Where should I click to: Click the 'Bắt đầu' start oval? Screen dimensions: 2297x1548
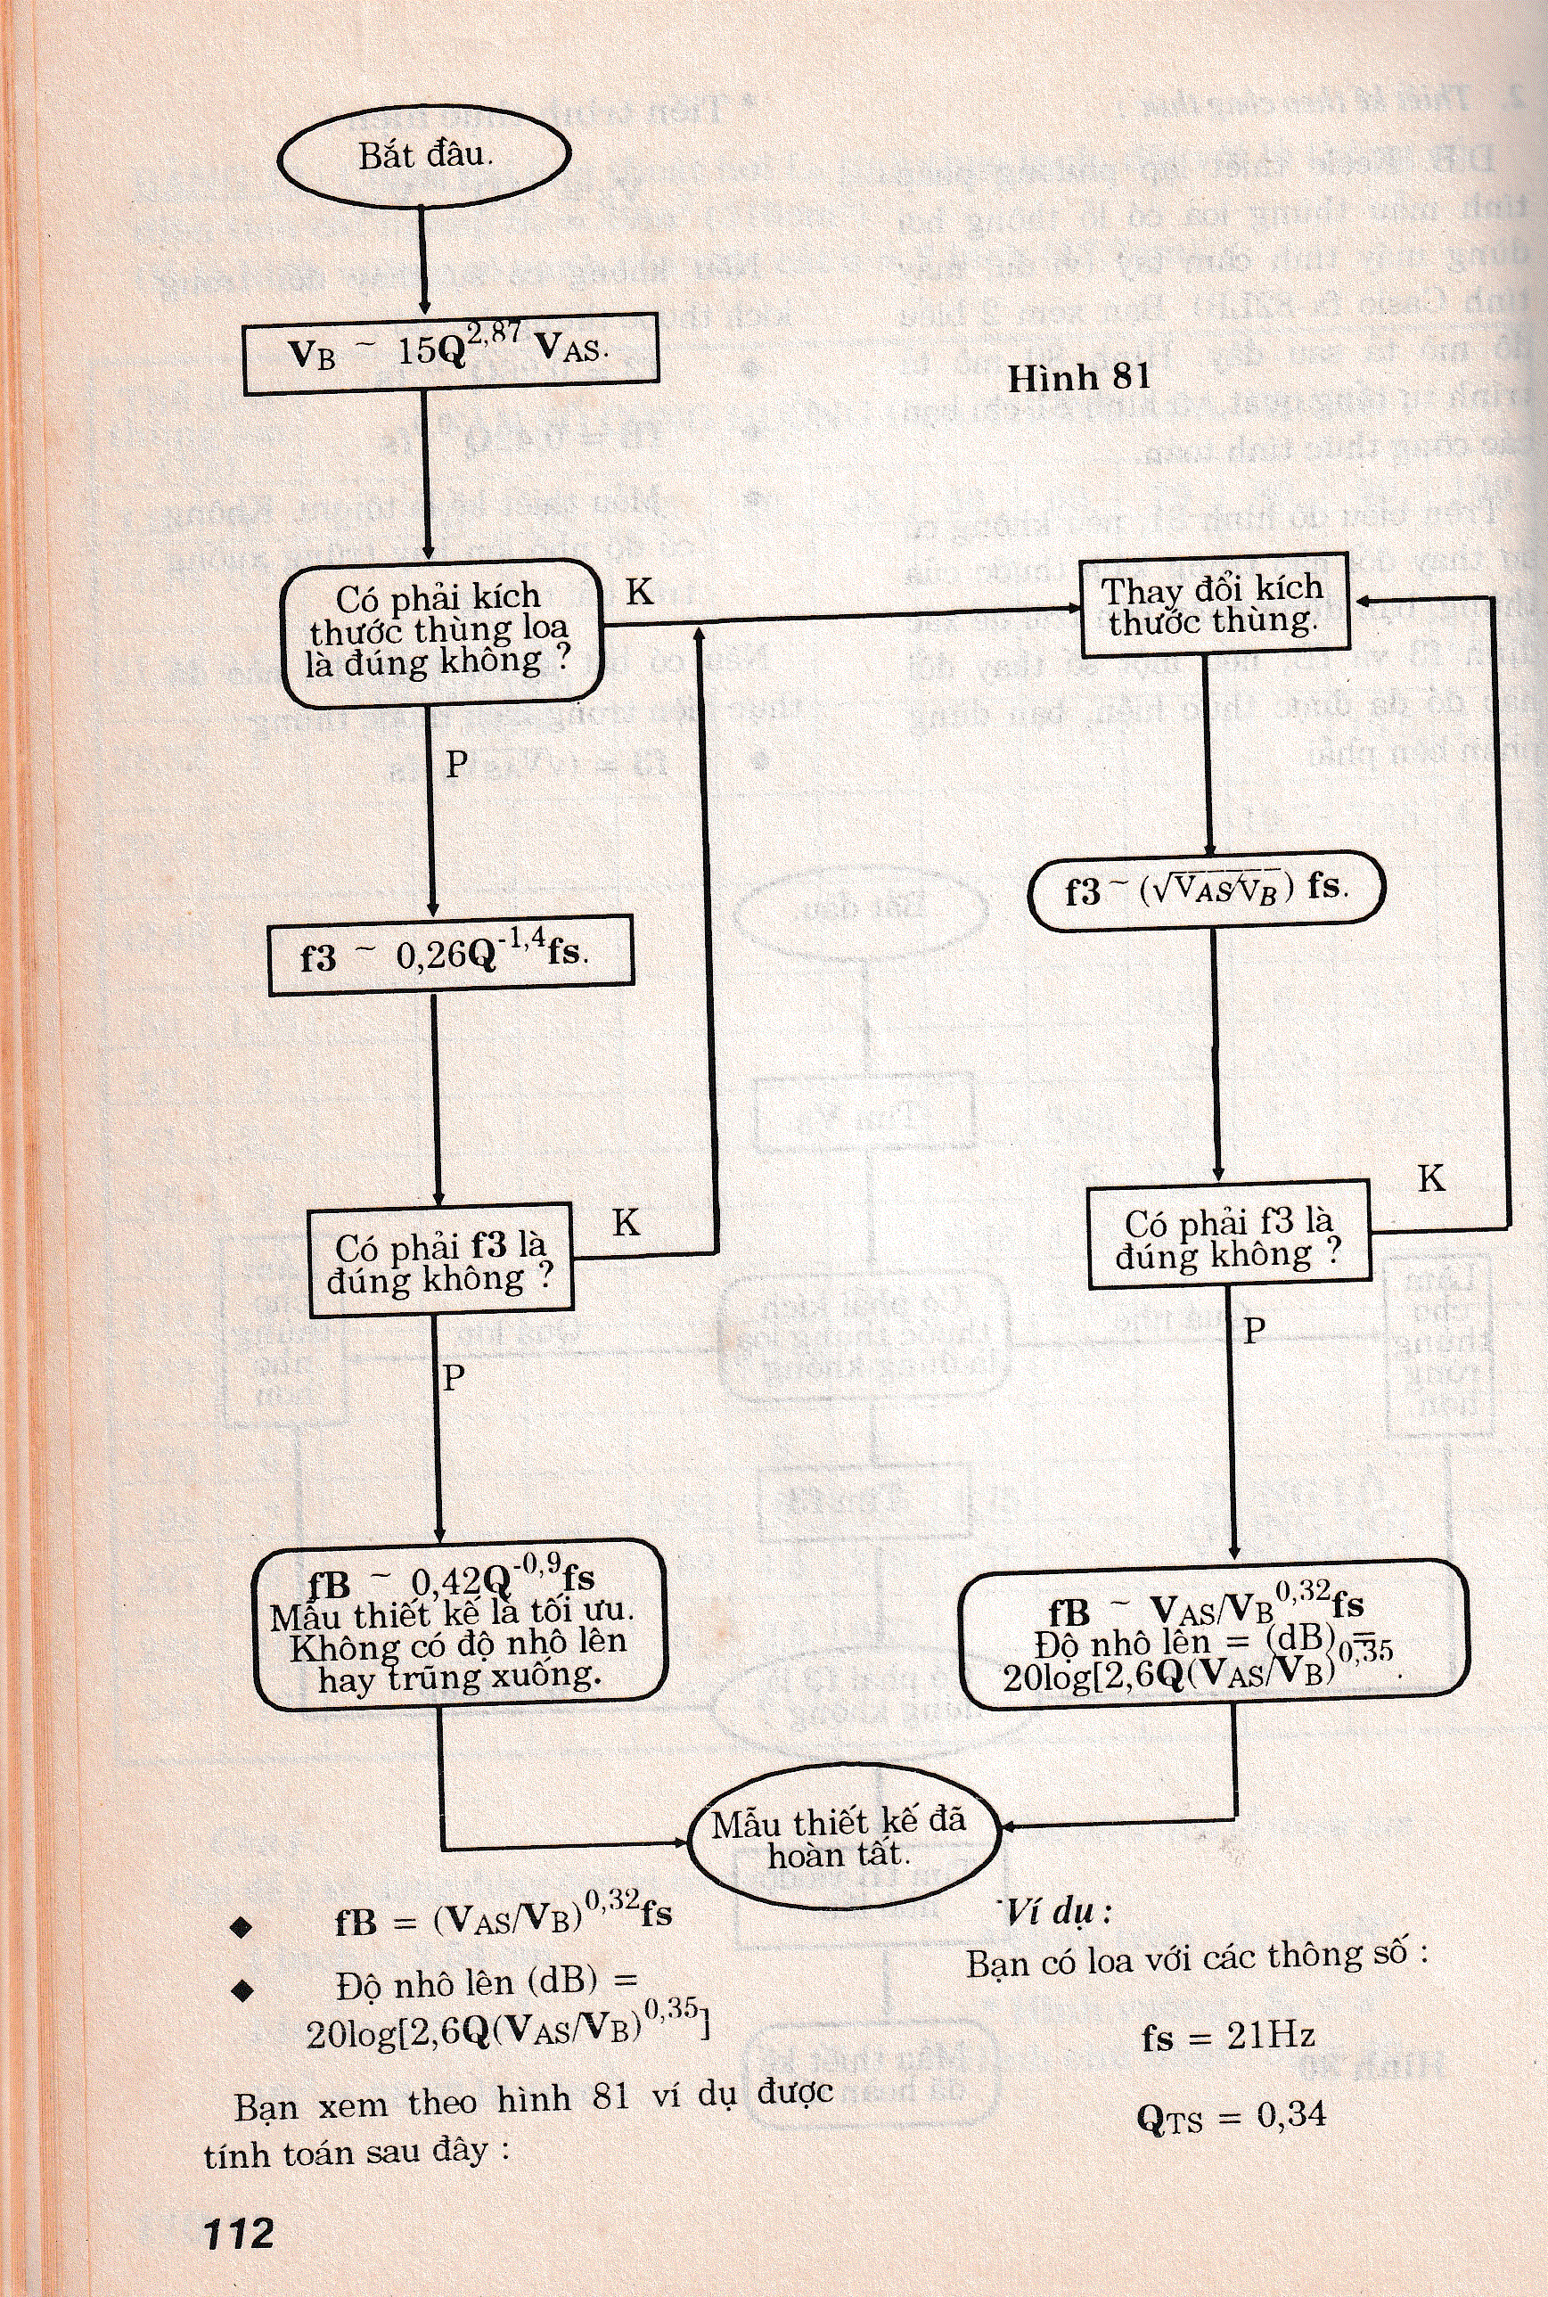424,156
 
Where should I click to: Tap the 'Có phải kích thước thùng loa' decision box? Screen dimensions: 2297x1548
440,632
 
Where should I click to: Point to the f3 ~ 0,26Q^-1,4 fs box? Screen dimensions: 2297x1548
450,954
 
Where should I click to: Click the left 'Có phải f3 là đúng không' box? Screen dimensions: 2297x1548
440,1260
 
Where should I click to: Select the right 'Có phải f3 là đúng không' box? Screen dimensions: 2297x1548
1229,1238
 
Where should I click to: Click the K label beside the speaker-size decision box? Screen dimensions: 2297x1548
640,590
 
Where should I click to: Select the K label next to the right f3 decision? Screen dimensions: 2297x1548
1430,1177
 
